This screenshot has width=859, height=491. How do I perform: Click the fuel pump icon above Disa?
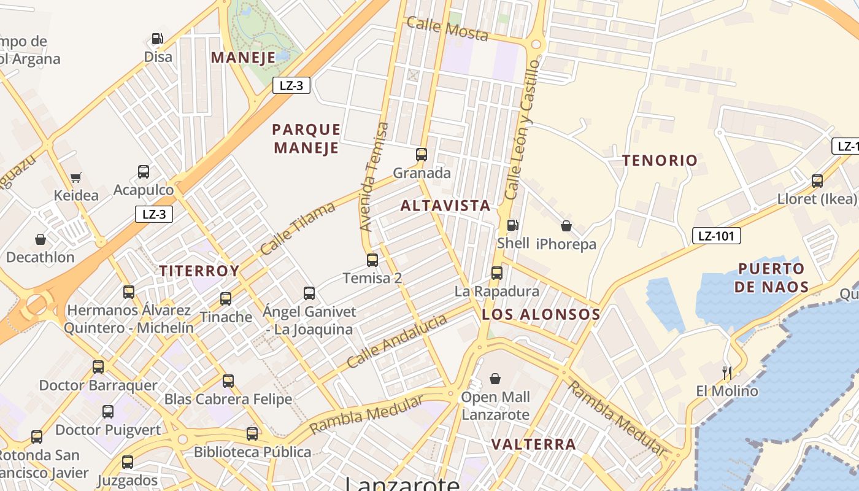tap(157, 39)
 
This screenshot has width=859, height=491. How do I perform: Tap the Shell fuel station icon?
tap(513, 225)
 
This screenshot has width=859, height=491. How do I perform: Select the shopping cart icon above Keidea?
tap(76, 178)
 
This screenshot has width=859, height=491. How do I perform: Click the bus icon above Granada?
tap(422, 155)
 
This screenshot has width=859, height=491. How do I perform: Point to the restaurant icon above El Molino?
tap(727, 373)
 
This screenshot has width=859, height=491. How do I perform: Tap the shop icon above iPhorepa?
tap(566, 226)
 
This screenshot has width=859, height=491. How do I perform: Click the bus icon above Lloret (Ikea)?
tap(817, 181)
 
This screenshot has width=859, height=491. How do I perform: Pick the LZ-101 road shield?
tap(717, 236)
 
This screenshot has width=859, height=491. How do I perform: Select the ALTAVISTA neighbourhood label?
tap(445, 206)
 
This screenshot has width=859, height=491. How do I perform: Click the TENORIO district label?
tap(660, 161)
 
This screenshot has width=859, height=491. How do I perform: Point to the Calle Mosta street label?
tap(447, 29)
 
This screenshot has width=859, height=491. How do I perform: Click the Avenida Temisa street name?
tap(374, 177)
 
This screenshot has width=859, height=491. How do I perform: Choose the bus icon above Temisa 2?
tap(372, 260)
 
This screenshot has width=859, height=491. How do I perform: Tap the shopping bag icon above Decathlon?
tap(40, 239)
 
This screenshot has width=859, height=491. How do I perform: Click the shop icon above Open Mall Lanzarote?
tap(495, 379)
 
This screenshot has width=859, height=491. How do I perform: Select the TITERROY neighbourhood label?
tap(199, 271)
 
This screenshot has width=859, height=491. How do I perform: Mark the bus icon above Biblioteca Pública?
tap(252, 434)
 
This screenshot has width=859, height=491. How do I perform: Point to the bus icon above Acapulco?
tap(144, 172)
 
